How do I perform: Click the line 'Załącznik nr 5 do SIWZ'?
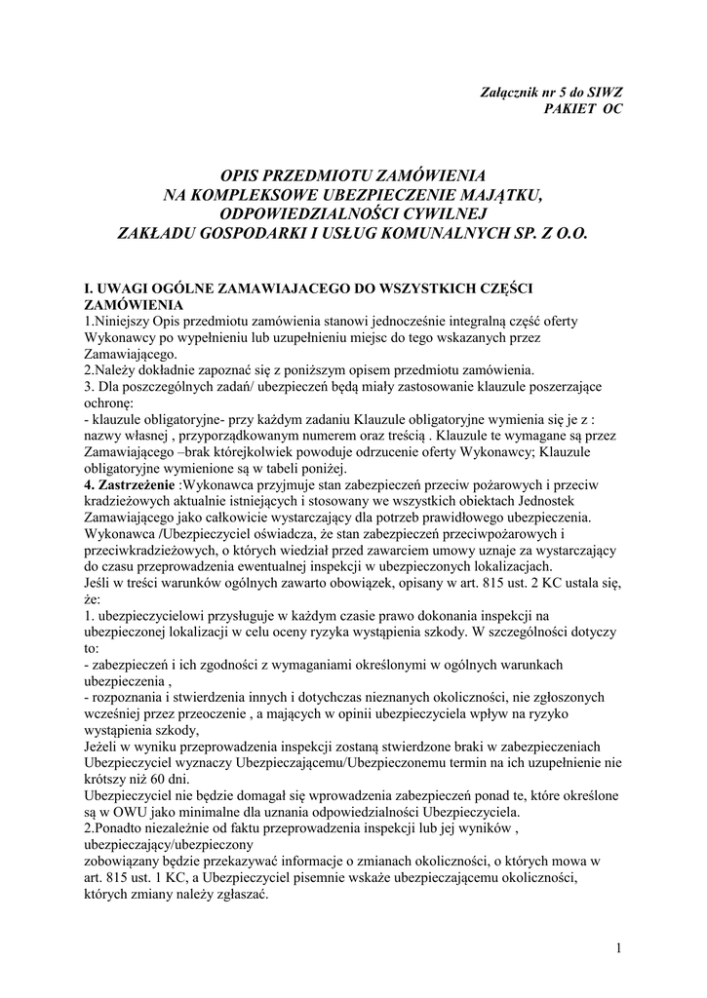tap(552, 91)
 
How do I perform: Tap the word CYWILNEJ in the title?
tap(443, 213)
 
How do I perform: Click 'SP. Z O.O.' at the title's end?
tap(545, 233)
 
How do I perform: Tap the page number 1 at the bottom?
tap(619, 946)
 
